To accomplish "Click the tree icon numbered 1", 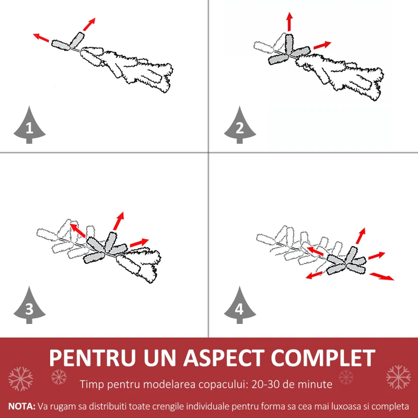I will click(x=29, y=125).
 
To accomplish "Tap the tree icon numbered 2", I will click(x=239, y=125).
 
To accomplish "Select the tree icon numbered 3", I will click(x=29, y=306).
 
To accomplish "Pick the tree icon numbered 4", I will click(x=239, y=306).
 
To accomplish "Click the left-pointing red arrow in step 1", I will click(x=42, y=38).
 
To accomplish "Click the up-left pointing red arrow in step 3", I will click(x=78, y=230).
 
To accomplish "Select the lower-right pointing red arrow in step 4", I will click(x=381, y=275).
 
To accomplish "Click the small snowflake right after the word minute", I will click(x=346, y=376).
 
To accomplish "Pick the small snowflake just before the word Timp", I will click(x=59, y=376).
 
